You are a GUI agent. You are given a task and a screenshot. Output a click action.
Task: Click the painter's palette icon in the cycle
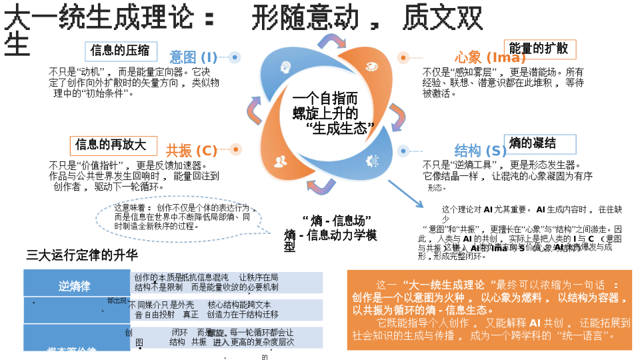pyautogui.click(x=371, y=67)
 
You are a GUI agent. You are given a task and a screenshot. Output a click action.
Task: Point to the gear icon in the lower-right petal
pyautogui.click(x=371, y=160)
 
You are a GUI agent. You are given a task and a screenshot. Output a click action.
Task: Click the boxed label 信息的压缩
pyautogui.click(x=120, y=51)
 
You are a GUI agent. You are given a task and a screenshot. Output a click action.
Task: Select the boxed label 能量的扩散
pyautogui.click(x=539, y=49)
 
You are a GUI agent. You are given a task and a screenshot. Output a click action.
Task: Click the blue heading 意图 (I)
pyautogui.click(x=193, y=57)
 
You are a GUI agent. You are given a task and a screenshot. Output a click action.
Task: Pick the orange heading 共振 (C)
pyautogui.click(x=192, y=151)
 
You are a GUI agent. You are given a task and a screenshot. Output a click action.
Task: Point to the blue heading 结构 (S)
pyautogui.click(x=481, y=151)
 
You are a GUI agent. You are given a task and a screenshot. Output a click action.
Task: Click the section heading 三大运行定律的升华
pyautogui.click(x=82, y=255)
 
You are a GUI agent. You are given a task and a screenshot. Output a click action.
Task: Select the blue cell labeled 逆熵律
pyautogui.click(x=74, y=287)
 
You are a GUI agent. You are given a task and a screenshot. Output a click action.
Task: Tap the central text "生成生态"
pyautogui.click(x=340, y=129)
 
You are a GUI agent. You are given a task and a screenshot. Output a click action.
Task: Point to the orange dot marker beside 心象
pyautogui.click(x=403, y=58)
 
